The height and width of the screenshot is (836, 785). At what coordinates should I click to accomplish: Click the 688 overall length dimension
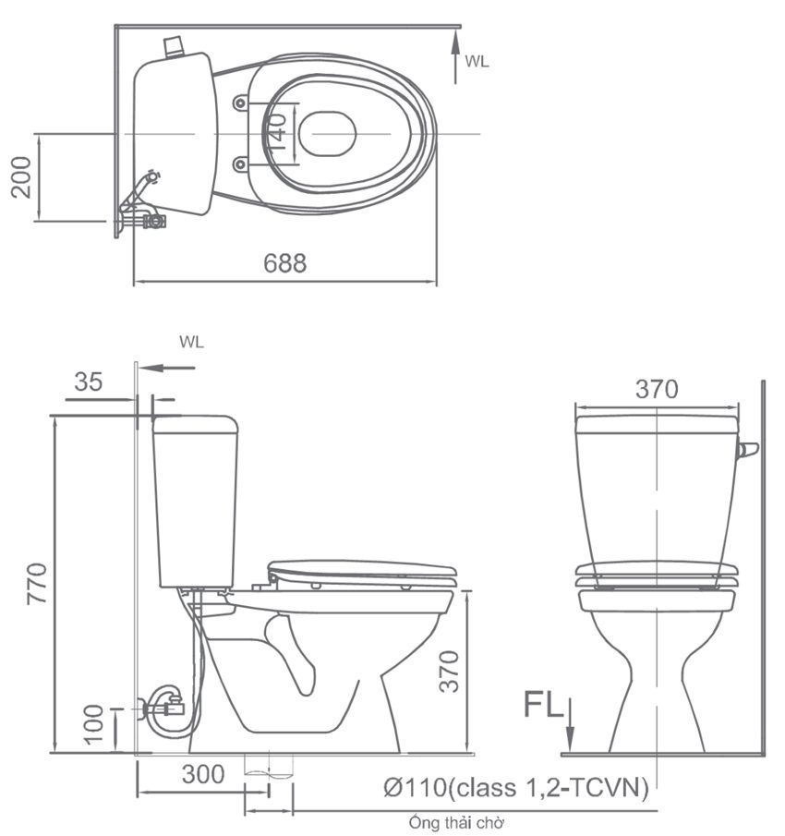(284, 263)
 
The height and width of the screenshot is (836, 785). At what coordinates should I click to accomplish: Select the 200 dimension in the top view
(21, 176)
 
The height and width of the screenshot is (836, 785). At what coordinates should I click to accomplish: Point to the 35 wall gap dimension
(89, 382)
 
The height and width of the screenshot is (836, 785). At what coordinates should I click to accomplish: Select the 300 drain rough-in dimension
(203, 774)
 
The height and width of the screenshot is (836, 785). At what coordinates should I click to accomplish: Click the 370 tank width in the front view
(657, 390)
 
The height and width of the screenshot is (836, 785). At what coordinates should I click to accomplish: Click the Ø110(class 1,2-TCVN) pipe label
(515, 788)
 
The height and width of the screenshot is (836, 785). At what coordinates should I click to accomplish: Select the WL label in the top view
(477, 62)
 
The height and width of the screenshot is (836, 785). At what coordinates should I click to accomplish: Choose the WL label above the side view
(191, 342)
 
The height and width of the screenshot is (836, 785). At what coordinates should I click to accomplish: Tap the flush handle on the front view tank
(747, 450)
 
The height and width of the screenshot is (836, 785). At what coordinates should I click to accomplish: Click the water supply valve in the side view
(166, 709)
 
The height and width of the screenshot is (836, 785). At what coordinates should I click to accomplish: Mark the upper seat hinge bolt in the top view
(241, 103)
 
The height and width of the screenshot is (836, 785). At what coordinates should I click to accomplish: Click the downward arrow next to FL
(570, 725)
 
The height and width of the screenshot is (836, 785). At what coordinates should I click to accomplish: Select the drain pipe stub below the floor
(269, 766)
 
